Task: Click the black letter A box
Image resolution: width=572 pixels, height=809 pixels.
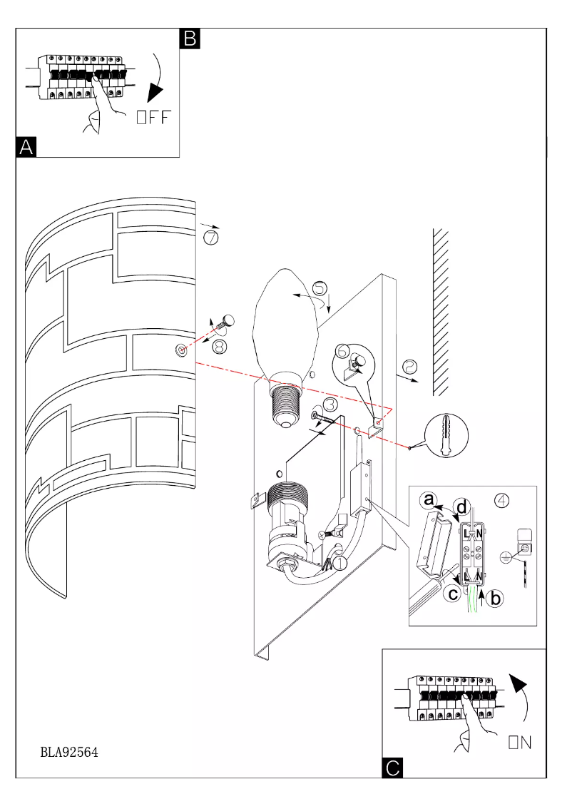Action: pyautogui.click(x=26, y=147)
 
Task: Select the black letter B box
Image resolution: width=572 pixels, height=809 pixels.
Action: pyautogui.click(x=190, y=39)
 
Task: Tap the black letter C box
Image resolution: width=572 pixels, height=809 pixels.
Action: pyautogui.click(x=393, y=768)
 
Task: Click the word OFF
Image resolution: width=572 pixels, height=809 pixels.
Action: pyautogui.click(x=154, y=118)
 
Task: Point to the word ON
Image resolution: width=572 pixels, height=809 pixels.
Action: pyautogui.click(x=519, y=743)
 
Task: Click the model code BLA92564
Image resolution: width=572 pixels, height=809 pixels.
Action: pyautogui.click(x=69, y=752)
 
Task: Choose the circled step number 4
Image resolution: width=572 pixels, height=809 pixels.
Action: pyautogui.click(x=502, y=499)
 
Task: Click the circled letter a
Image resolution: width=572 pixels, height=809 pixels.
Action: pyautogui.click(x=429, y=502)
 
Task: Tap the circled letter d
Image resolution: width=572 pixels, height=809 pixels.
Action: pyautogui.click(x=463, y=508)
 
